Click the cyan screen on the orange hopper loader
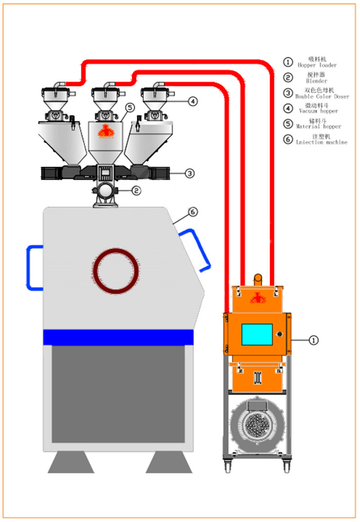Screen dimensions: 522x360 coord(257,335)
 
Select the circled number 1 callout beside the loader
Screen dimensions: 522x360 coord(314,340)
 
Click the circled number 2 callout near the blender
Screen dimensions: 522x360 coord(136,191)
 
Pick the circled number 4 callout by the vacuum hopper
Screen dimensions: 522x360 coord(192,102)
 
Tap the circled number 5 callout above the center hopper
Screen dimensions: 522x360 coord(130,108)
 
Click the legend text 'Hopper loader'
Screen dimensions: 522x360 coord(317,65)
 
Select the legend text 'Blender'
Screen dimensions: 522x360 coord(316,81)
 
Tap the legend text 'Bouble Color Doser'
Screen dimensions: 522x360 coord(322,96)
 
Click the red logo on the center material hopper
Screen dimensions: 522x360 coord(107,131)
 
